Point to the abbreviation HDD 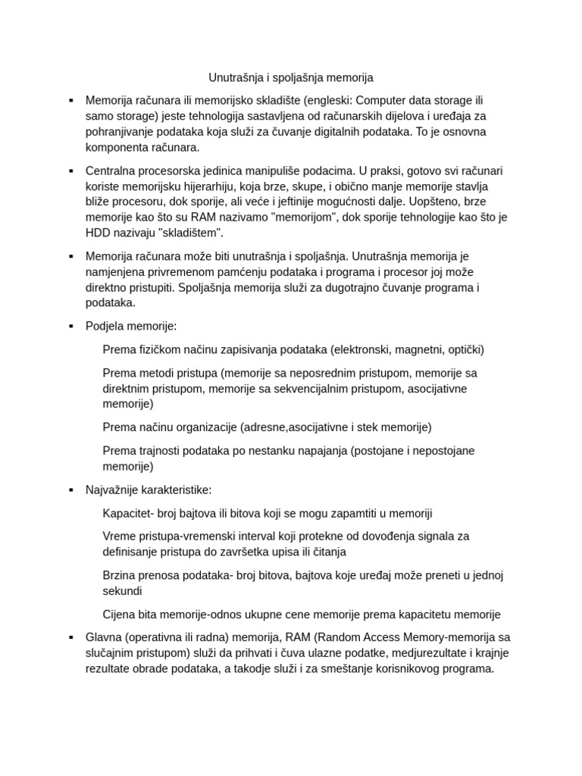point(98,233)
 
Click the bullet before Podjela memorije point(70,326)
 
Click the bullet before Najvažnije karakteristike point(70,490)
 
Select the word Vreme point(119,536)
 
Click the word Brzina point(120,575)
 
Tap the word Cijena point(120,614)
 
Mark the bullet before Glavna point(70,637)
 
